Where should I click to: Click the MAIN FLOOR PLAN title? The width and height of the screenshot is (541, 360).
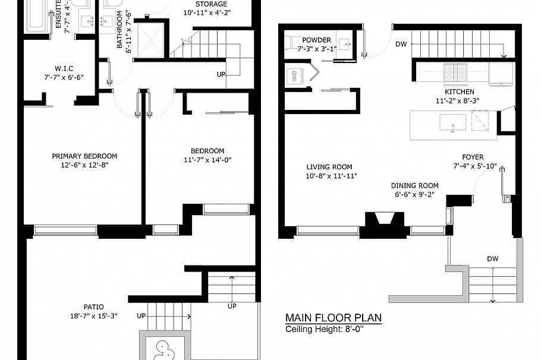tap(333, 318)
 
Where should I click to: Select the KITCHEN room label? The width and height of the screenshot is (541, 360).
tap(459, 92)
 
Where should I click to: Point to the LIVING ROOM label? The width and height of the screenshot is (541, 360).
tap(329, 167)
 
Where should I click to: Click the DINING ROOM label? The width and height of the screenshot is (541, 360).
tap(414, 185)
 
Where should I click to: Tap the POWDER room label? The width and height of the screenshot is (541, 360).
tap(316, 40)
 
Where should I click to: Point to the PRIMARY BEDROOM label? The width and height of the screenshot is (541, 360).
tap(84, 156)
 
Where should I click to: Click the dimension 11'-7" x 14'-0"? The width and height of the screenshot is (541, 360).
tap(207, 160)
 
